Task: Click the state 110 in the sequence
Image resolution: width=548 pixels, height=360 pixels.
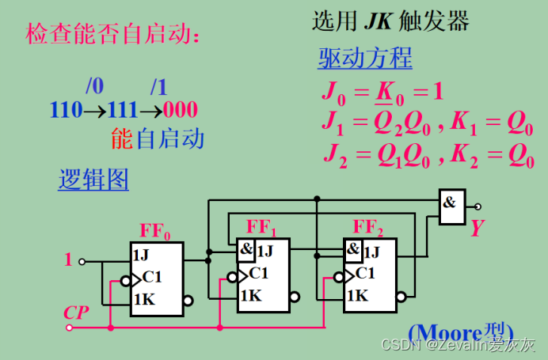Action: [x=66, y=110]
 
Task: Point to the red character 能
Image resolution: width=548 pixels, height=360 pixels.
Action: [x=121, y=141]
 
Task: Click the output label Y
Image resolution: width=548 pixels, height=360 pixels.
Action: [x=477, y=229]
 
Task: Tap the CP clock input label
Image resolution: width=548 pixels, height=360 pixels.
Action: [x=76, y=312]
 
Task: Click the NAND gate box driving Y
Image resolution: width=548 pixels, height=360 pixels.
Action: [x=451, y=206]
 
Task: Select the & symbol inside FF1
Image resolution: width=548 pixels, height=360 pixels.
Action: [x=246, y=250]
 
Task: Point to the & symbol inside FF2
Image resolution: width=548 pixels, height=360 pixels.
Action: [x=353, y=250]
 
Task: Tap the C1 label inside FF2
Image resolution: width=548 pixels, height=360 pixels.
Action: [x=365, y=274]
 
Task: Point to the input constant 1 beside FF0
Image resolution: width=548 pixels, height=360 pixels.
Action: [x=68, y=259]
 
